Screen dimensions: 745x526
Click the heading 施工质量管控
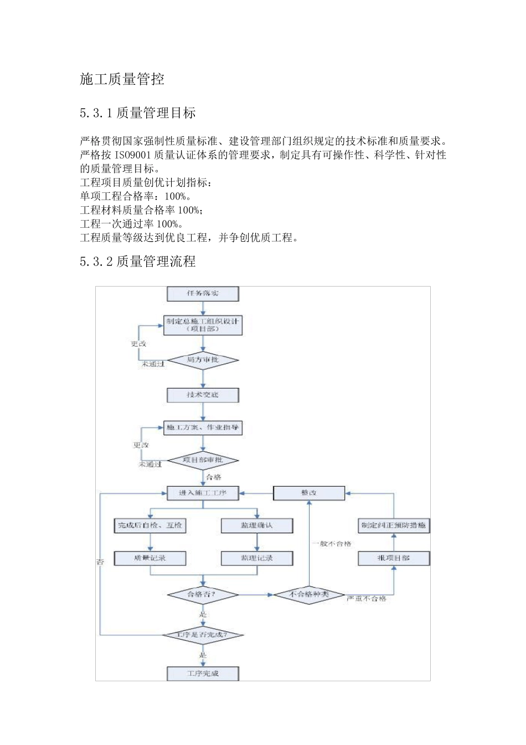click(x=122, y=79)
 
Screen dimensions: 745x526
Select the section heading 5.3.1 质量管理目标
click(x=138, y=113)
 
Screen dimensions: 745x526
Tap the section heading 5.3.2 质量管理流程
click(x=138, y=262)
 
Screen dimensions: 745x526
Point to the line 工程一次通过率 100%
click(x=131, y=224)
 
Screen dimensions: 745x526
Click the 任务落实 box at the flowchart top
click(x=203, y=294)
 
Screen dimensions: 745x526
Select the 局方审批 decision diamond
click(x=203, y=360)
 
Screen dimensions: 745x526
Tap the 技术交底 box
click(x=203, y=395)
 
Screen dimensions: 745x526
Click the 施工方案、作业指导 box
click(x=203, y=428)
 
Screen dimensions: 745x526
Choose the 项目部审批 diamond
click(x=203, y=461)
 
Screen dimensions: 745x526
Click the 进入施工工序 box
click(x=203, y=493)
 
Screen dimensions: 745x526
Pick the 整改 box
click(x=309, y=493)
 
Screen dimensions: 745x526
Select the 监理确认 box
click(x=257, y=525)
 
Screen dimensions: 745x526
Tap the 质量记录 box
click(x=150, y=558)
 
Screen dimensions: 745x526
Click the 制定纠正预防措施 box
click(x=394, y=525)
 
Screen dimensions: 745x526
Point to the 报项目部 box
click(x=394, y=558)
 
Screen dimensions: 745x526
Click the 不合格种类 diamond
click(x=309, y=595)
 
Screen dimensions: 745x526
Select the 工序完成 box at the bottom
click(x=203, y=673)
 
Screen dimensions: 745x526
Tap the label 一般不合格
click(x=332, y=544)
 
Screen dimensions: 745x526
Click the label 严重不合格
click(x=367, y=599)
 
